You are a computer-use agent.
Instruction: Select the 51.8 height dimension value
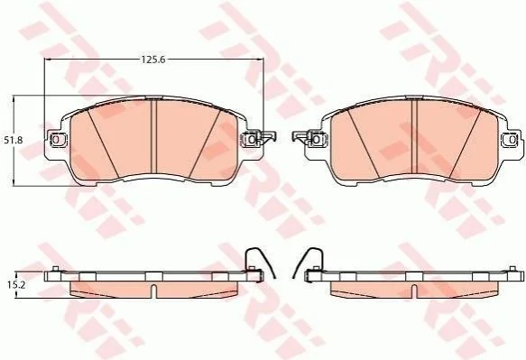14,140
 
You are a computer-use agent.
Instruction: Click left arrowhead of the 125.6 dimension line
48,60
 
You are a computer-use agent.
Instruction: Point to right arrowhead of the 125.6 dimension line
261,60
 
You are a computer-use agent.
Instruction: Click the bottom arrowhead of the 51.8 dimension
14,182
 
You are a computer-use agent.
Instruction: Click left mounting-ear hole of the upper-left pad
56,139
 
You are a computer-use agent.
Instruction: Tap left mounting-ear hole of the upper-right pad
316,139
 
